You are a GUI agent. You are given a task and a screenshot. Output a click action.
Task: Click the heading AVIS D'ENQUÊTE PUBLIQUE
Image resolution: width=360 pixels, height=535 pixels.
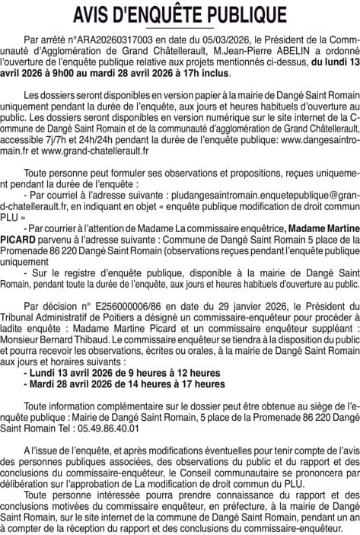180,14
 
